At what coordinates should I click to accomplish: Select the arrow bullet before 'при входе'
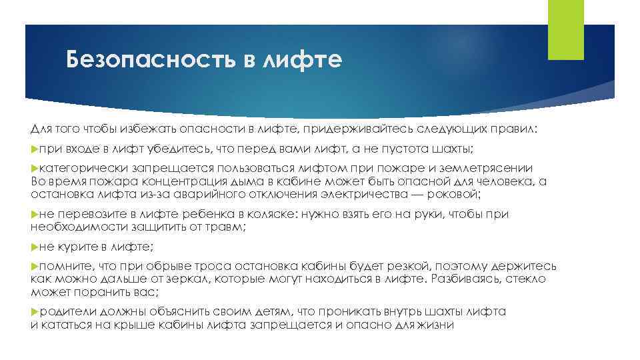point(35,151)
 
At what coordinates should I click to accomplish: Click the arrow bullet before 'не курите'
point(35,247)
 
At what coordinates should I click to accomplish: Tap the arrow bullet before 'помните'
point(35,265)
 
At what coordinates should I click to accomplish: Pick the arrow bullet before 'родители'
point(35,311)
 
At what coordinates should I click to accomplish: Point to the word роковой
point(453,194)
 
